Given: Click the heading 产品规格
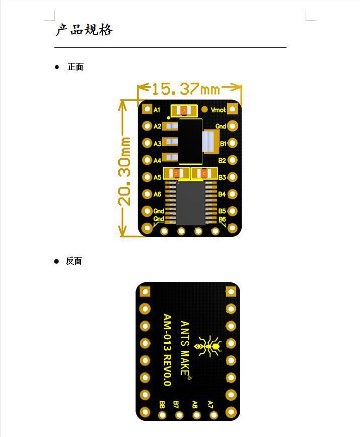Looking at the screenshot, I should tap(84, 30).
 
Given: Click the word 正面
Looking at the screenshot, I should tap(75, 67).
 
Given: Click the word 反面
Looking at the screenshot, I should tap(74, 261).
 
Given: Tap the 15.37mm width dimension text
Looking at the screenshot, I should tap(186, 89).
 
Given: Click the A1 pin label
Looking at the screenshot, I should tap(157, 109).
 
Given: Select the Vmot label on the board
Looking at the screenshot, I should tap(219, 109).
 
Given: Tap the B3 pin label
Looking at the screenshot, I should tap(222, 177).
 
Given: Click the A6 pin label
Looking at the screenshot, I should tap(158, 194).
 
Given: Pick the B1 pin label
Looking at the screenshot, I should tap(223, 144).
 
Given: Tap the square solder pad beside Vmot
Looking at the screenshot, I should tap(233, 109).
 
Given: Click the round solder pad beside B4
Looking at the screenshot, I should tap(233, 194).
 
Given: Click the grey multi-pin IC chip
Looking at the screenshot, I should tap(190, 203).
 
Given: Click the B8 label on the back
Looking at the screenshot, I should tap(162, 405).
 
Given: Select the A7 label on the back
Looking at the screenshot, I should tap(211, 405).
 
